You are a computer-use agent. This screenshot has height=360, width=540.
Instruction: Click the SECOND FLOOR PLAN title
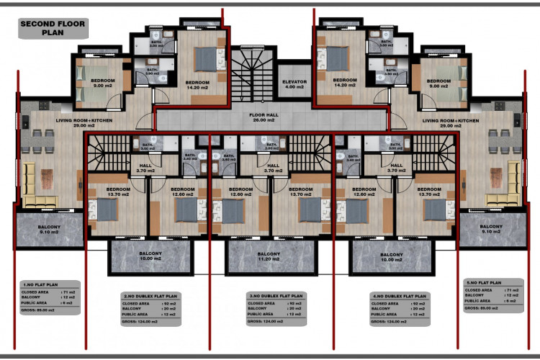[x=53, y=28]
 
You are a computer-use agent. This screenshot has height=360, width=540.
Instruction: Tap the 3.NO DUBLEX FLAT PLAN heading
[x=276, y=295]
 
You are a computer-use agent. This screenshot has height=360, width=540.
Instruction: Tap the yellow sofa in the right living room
[x=510, y=183]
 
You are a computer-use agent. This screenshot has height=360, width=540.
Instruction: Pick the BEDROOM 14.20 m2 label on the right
[x=345, y=82]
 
